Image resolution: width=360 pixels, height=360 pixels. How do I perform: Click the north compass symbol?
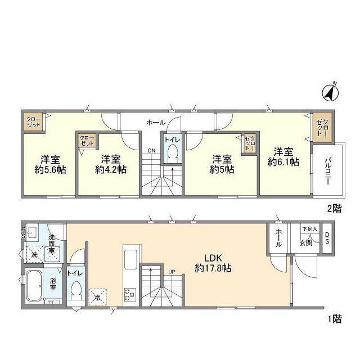coord(330,93)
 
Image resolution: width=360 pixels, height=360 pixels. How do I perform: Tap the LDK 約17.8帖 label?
coord(213,263)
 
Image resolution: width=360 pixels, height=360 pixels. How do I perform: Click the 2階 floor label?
coord(335,209)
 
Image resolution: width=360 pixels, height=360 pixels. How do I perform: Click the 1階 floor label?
coord(335,319)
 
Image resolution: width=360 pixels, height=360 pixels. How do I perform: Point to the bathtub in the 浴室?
coord(34,286)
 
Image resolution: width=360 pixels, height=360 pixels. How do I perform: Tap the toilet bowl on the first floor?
coord(75,291)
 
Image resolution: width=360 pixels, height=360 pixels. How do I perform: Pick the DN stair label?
coord(151,151)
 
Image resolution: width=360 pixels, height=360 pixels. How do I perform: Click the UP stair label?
coord(172,272)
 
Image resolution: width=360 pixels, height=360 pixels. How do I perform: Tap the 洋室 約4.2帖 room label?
coord(111,164)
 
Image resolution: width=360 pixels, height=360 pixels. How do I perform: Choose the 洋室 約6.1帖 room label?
coord(283,157)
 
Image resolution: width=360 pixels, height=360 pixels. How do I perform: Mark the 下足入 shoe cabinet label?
coord(309,229)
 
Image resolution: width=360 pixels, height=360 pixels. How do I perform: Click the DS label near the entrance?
coord(327,237)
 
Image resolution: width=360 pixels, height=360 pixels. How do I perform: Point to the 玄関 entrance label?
coord(306,242)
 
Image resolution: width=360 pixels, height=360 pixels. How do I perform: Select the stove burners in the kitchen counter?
coord(130,295)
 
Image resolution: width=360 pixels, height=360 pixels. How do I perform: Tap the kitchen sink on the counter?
coord(130,260)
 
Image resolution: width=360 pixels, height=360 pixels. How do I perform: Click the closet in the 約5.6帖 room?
coord(34,122)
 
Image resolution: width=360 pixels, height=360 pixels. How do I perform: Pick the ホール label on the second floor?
coord(156,123)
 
